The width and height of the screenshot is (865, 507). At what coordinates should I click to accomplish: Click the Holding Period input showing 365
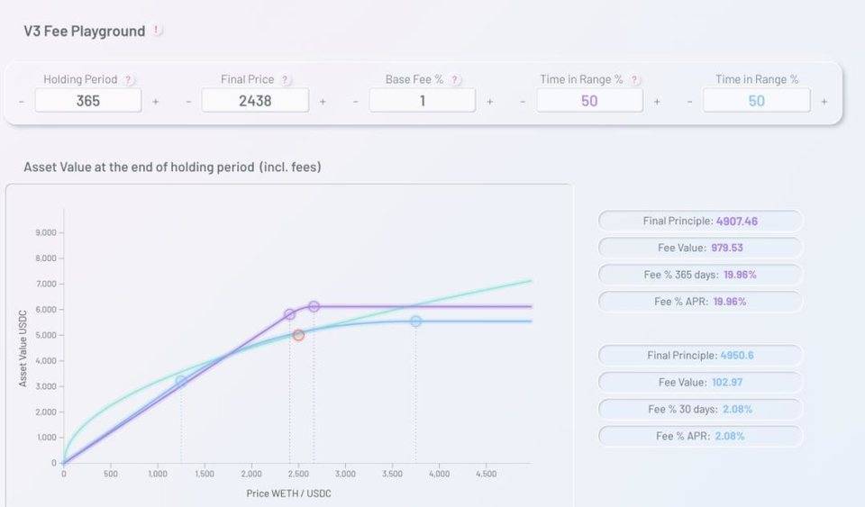point(88,101)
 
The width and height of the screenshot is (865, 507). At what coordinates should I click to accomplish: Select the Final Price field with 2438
point(255,101)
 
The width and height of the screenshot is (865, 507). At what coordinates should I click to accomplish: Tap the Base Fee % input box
point(422,101)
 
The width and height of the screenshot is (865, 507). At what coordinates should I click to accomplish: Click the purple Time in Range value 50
point(589,101)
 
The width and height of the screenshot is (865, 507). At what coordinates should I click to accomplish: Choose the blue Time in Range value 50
point(756,101)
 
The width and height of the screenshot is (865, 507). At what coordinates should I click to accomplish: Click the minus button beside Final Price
point(188,102)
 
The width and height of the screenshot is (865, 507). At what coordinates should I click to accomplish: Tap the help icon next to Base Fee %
point(456,80)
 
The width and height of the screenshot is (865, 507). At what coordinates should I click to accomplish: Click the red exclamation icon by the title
point(157,31)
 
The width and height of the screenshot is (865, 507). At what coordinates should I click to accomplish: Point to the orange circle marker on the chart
point(298,335)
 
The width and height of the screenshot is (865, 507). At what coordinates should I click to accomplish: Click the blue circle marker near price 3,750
point(415,321)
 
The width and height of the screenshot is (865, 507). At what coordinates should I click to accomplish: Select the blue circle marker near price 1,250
point(181,382)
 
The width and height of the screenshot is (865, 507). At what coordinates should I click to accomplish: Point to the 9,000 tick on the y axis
point(46,233)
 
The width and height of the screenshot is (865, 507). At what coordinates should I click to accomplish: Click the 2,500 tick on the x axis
point(298,474)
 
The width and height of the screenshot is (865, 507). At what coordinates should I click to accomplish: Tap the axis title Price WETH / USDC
point(289,493)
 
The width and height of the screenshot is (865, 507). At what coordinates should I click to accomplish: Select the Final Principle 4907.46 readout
point(700,221)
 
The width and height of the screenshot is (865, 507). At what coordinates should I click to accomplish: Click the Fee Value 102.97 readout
point(700,383)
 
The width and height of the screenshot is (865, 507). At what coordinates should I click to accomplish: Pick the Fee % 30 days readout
point(700,410)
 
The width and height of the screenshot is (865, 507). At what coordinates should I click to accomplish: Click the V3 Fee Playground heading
point(85,32)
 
